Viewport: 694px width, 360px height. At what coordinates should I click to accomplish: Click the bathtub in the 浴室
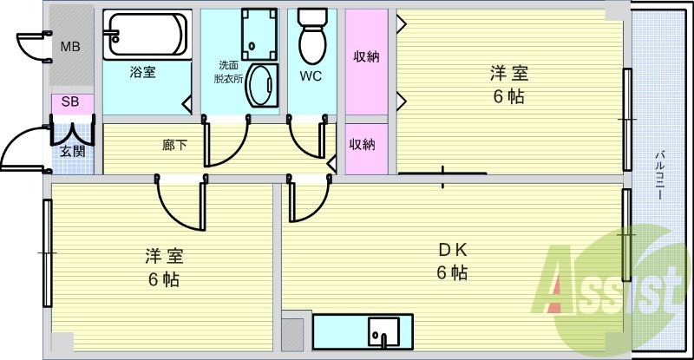147,35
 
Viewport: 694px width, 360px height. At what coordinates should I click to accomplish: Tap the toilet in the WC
312,37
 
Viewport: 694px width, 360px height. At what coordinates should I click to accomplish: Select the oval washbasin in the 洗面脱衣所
262,86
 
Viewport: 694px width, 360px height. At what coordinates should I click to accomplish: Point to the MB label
70,46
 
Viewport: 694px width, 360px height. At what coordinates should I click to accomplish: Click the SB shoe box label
70,101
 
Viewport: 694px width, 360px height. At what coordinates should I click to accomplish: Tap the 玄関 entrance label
73,152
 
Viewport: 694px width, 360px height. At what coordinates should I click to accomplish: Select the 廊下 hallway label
174,145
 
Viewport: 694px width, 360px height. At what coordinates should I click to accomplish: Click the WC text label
311,76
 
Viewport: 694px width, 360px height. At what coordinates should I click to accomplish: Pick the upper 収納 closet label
366,56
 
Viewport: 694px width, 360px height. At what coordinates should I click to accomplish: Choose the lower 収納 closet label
362,144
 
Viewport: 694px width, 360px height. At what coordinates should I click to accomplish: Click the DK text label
452,250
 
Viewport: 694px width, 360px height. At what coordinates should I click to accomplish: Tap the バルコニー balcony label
659,175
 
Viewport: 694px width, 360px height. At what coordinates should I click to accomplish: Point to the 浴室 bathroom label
142,72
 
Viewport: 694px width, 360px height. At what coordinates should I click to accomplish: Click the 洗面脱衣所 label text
228,72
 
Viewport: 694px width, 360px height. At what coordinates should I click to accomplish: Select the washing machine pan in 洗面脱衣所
259,35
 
